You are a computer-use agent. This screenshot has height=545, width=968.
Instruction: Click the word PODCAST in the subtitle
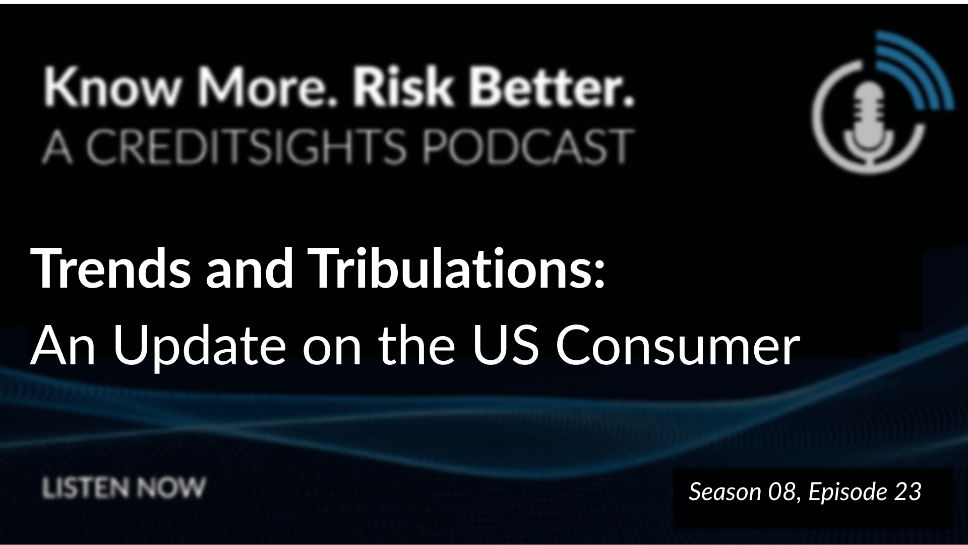click(x=527, y=147)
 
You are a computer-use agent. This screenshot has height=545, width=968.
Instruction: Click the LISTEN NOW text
click(x=124, y=488)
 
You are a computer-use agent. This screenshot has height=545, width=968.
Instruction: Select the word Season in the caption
click(x=725, y=492)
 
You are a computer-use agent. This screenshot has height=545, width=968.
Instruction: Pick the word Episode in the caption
click(x=848, y=492)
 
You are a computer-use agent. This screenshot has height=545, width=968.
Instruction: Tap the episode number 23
click(x=908, y=492)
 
